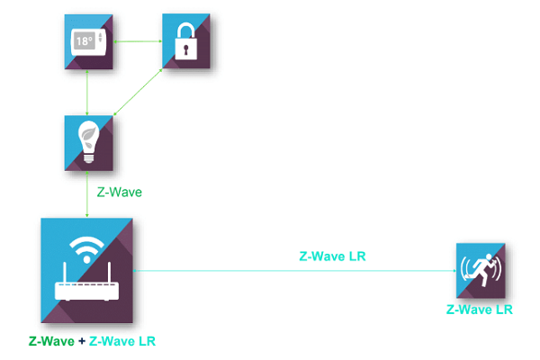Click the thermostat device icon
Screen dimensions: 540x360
click(88, 41)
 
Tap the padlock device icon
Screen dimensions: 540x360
click(186, 41)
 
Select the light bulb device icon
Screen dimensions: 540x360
click(88, 143)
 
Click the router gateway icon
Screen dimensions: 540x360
click(86, 270)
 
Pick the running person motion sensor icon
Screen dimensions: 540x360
click(481, 270)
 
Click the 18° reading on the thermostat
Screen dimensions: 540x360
click(84, 41)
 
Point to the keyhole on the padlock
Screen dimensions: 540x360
click(186, 49)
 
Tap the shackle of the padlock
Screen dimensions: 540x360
click(186, 31)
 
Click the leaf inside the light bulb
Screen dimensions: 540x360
click(88, 135)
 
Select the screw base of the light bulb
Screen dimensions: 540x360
click(89, 158)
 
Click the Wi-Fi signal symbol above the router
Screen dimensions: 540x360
click(86, 250)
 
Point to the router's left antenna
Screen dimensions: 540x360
click(65, 273)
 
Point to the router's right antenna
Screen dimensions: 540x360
click(109, 273)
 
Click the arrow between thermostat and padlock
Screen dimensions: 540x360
click(138, 41)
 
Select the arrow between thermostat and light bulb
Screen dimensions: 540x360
click(87, 93)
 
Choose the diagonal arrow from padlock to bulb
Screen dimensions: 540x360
click(138, 92)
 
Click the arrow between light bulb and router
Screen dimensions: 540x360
click(87, 194)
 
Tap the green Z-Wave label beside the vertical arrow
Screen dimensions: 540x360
click(119, 192)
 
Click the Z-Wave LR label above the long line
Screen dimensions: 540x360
click(332, 256)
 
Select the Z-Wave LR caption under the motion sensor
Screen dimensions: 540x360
click(480, 310)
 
